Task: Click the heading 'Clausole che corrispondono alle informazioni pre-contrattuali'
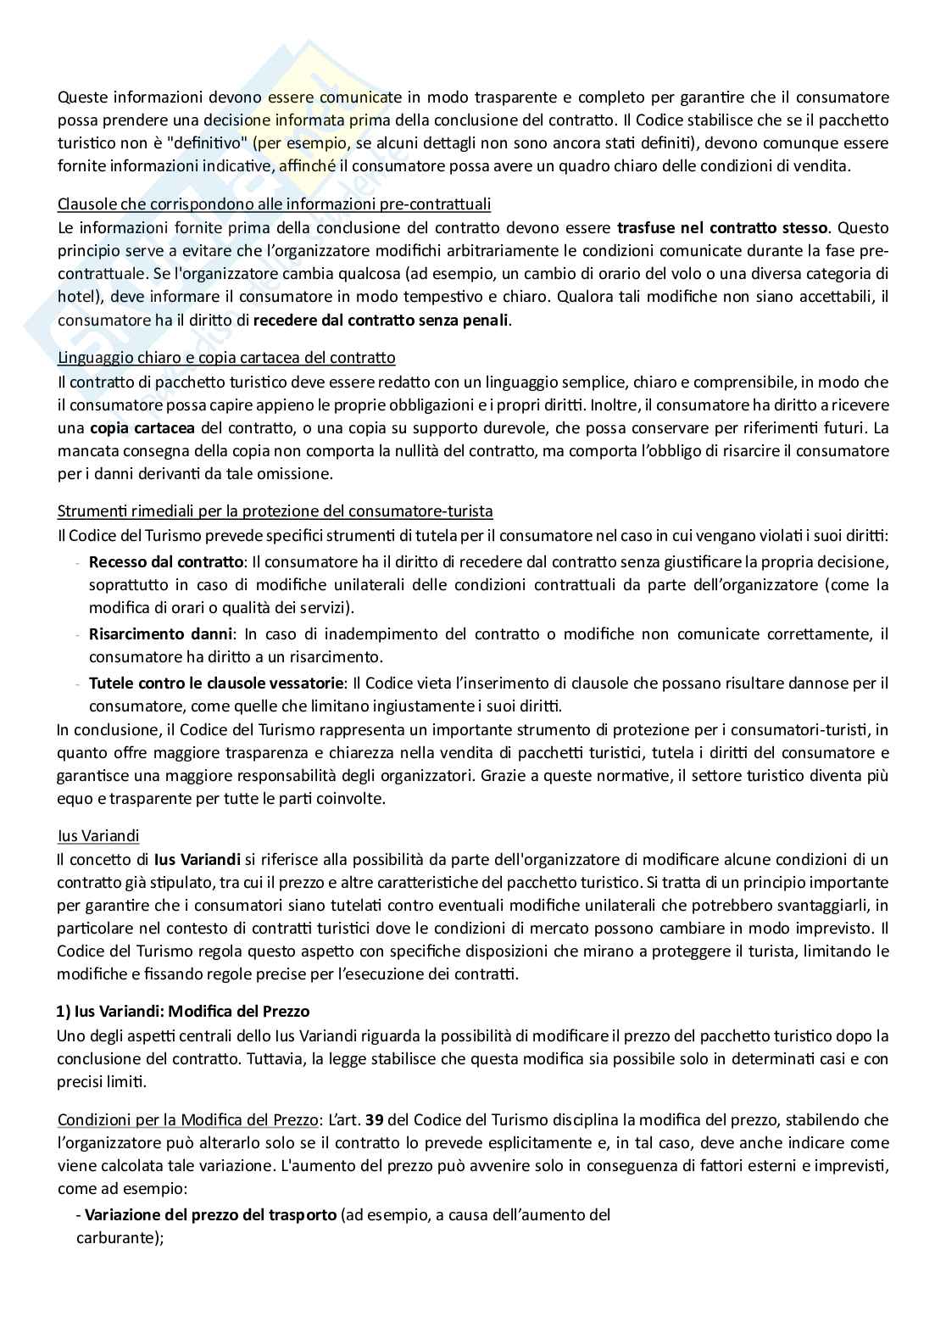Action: pos(274,204)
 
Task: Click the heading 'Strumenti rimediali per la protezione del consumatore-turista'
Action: pos(275,511)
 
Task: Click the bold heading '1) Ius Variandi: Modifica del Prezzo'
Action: pos(183,1012)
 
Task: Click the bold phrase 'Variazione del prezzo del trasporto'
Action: pos(210,1215)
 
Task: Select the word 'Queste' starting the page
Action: pos(79,98)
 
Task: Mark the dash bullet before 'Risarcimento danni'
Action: pos(79,633)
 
